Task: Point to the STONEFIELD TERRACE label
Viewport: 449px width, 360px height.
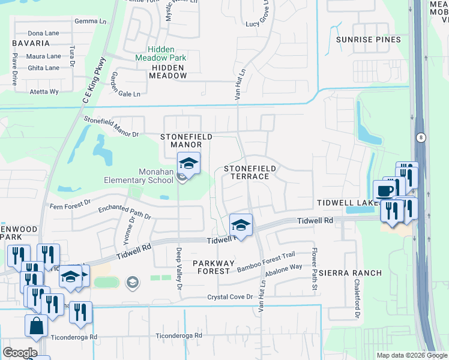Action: click(250, 173)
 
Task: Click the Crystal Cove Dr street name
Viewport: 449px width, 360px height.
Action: click(230, 297)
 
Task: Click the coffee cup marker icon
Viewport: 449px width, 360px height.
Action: click(384, 191)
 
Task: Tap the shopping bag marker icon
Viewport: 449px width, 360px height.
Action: click(36, 326)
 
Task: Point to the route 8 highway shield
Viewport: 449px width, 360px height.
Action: click(421, 137)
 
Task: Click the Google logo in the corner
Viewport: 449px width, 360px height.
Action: click(20, 352)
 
